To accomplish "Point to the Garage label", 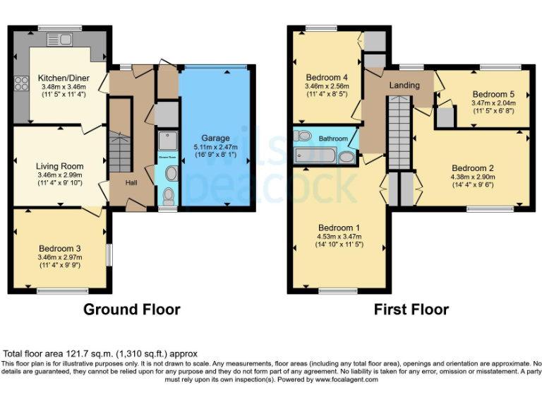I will point(216,138).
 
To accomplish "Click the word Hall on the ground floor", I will point(131,182).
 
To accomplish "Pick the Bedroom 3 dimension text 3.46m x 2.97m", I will point(60,257).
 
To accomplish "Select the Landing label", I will point(404,85).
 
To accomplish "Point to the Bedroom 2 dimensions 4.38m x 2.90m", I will point(472,177).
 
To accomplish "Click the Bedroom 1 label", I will point(339,228).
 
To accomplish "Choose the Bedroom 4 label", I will point(327,76).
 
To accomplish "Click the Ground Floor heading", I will point(131,309).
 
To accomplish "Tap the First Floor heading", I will point(411,309).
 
